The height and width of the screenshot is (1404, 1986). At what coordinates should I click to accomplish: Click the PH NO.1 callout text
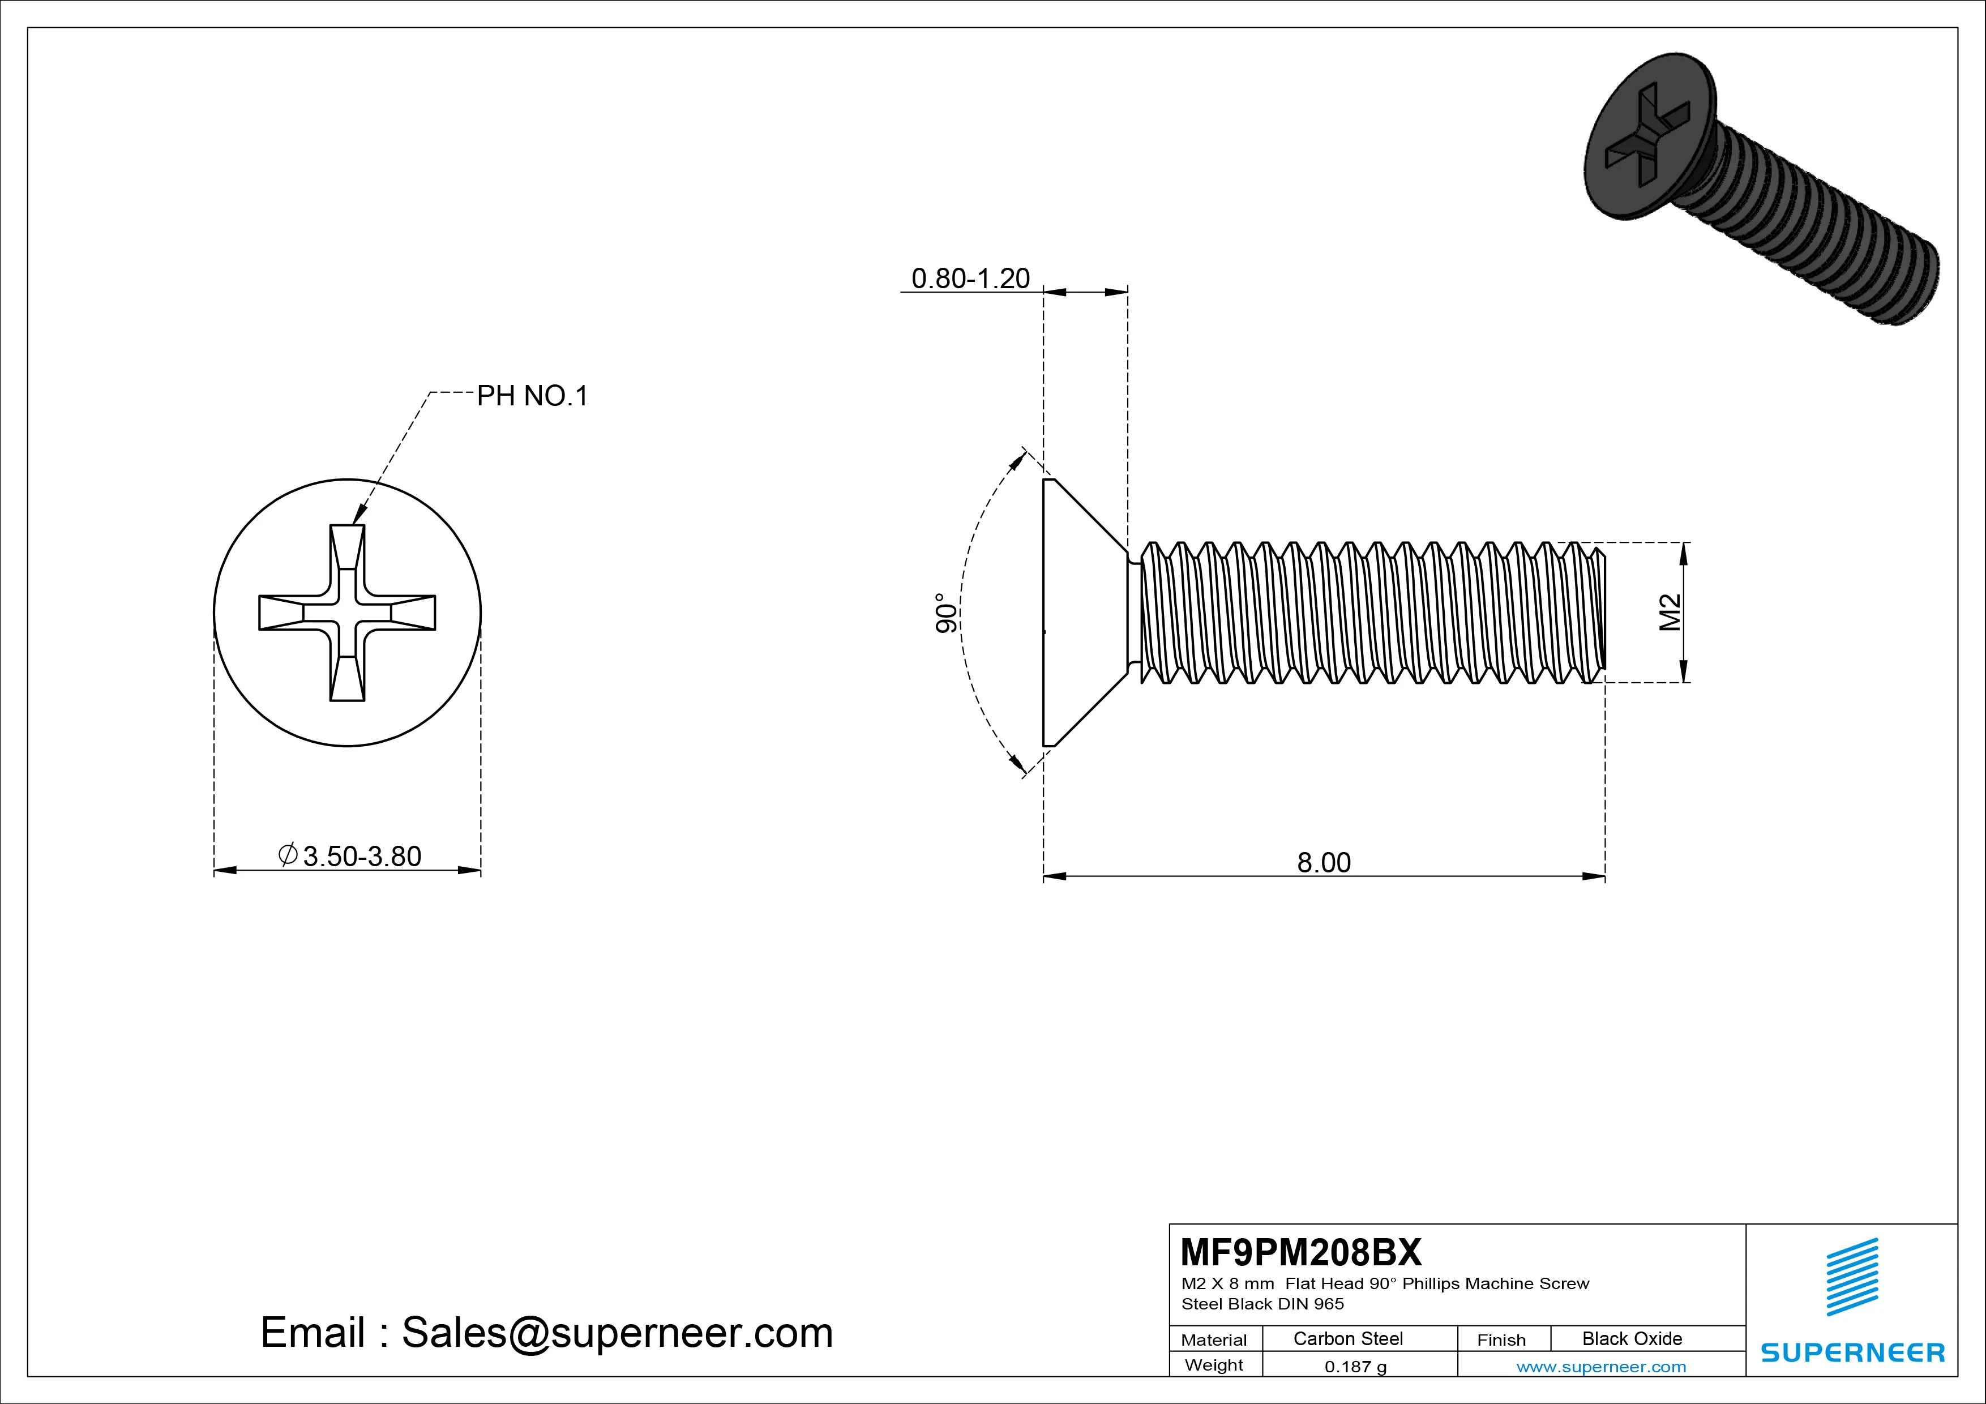tap(532, 396)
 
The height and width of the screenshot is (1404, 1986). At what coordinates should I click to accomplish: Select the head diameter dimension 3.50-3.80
tap(362, 857)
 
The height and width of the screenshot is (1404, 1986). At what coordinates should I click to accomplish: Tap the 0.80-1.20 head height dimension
tap(970, 279)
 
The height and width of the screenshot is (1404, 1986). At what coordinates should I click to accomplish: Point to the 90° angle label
tap(947, 613)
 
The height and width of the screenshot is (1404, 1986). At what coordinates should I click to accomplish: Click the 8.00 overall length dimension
tap(1324, 862)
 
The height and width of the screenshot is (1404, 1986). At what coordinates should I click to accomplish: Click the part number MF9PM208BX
tap(1300, 1252)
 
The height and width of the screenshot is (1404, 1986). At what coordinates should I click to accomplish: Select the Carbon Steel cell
tap(1347, 1338)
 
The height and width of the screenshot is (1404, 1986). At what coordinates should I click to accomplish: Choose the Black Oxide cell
tap(1632, 1338)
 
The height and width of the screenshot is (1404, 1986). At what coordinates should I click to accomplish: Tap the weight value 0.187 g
tap(1355, 1367)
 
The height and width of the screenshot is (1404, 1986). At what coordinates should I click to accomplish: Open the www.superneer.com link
tap(1601, 1367)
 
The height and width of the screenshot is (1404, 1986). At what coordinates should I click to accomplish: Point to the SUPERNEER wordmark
tap(1852, 1352)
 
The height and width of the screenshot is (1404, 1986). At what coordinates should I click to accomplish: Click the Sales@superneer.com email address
tap(617, 1332)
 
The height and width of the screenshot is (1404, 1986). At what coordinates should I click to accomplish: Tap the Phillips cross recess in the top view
tap(347, 613)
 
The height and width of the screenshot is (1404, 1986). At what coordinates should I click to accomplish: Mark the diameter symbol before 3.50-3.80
tap(288, 855)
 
